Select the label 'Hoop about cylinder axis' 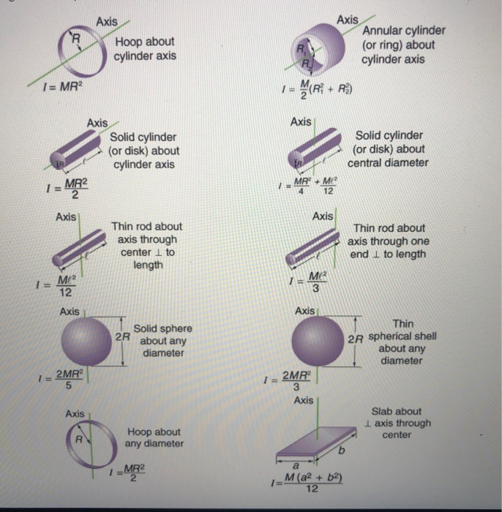point(145,48)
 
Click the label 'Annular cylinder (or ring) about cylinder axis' point(403,45)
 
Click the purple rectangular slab point(317,443)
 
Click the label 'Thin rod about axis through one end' point(388,241)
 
